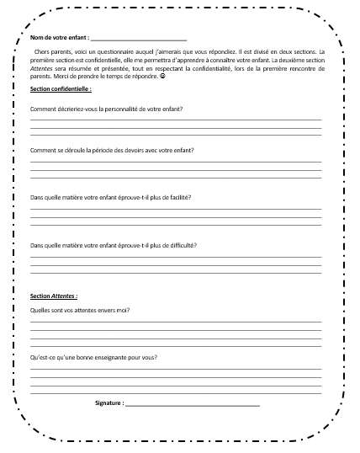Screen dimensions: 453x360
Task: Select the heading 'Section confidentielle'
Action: click(x=61, y=88)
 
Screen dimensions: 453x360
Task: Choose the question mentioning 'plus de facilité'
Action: click(x=109, y=197)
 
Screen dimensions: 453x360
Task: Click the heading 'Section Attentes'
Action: click(x=53, y=296)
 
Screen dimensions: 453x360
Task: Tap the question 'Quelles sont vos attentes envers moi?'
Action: click(x=85, y=310)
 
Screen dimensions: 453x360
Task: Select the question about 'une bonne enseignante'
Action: click(x=93, y=358)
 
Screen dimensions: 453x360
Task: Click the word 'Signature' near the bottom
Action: click(x=109, y=403)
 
